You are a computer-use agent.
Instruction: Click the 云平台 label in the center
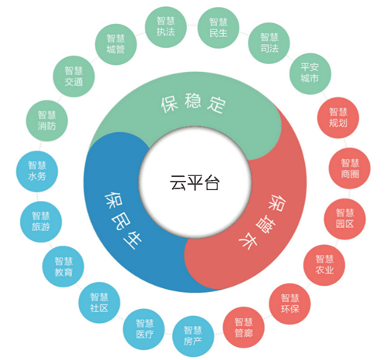tap(195, 183)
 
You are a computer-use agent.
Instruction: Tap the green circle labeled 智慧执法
tap(166, 27)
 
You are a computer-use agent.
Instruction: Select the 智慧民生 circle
tap(218, 28)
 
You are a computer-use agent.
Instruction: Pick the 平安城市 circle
tap(310, 74)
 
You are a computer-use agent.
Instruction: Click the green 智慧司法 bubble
tap(269, 43)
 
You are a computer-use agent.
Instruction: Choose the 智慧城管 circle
tap(116, 44)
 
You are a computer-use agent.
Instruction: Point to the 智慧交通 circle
tap(74, 76)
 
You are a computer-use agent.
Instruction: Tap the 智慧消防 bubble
tap(47, 121)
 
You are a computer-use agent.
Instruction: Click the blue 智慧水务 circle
tap(37, 172)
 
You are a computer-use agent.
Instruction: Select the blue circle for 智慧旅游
tap(41, 222)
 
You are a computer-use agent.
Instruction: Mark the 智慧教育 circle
tap(63, 267)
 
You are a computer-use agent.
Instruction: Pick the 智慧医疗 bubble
tap(144, 329)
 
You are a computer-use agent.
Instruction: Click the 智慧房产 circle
tap(193, 337)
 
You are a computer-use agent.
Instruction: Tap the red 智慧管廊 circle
tap(243, 328)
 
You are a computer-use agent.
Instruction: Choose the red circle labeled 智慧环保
tap(289, 304)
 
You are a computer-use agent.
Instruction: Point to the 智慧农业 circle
tap(324, 265)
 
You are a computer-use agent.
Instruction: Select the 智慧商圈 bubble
tap(350, 168)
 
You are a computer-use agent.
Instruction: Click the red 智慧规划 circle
tap(338, 117)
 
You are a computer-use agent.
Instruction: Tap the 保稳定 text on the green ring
tap(193, 104)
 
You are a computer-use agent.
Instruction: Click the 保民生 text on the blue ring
tap(123, 220)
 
